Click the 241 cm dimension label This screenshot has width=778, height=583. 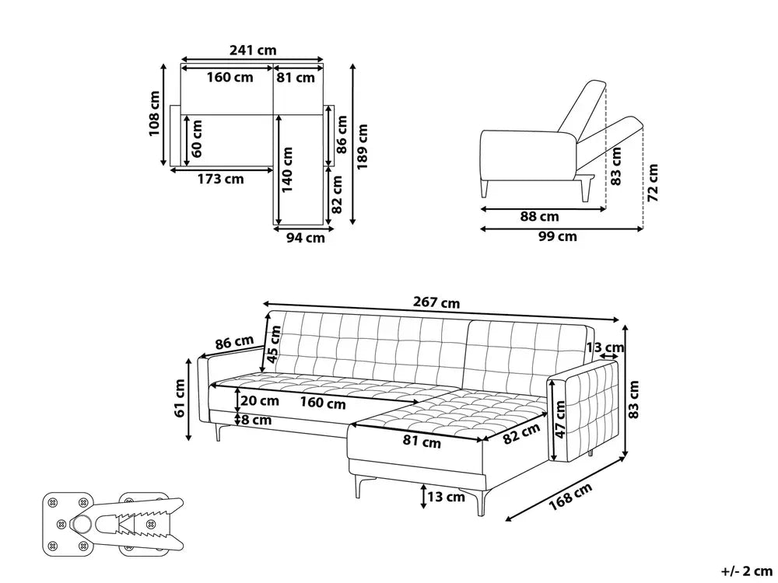253,50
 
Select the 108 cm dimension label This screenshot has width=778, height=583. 155,113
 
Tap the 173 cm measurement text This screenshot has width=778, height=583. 221,179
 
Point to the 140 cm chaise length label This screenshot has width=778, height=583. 287,169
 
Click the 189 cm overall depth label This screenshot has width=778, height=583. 363,147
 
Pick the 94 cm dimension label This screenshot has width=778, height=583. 306,238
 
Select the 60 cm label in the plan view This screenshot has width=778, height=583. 197,138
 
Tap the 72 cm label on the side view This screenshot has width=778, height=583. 653,183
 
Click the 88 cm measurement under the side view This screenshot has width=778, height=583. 539,217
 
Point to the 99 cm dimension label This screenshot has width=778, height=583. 558,236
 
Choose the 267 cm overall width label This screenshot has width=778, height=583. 436,302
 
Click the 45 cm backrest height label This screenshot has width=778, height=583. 274,344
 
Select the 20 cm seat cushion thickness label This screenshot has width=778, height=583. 260,400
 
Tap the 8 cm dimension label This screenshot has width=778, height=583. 257,421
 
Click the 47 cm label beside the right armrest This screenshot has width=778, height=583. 560,420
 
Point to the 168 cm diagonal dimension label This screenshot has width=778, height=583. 570,497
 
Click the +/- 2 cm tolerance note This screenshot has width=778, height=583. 747,571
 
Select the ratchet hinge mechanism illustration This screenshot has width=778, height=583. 113,523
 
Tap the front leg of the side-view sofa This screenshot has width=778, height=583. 485,189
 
